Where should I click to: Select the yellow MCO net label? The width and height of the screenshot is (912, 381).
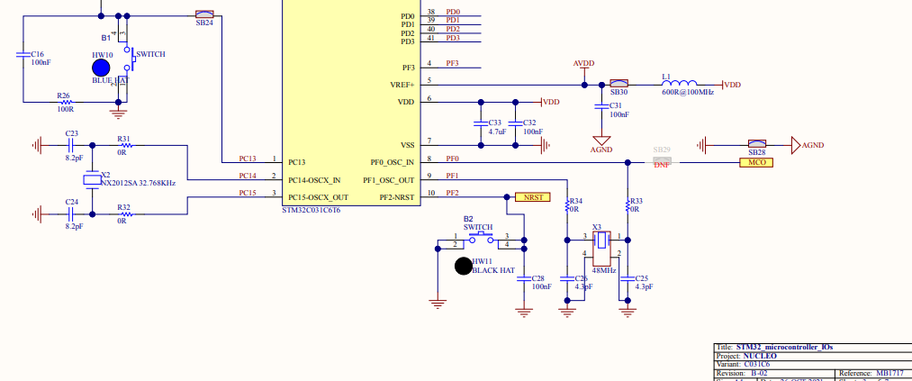point(755,163)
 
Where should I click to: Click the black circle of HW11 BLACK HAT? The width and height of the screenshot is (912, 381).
point(463,266)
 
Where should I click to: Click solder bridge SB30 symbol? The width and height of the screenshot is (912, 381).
point(619,84)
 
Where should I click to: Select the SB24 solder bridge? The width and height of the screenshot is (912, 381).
point(204,14)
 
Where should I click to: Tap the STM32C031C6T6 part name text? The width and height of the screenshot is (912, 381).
point(312,210)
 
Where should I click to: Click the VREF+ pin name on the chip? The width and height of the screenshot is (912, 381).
point(402,85)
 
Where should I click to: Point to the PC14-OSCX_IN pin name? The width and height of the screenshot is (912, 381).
point(315,180)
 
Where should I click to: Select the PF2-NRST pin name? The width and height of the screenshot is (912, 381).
point(397,196)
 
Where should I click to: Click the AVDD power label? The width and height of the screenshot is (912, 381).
point(583,64)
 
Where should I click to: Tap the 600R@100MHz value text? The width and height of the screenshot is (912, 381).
point(687,93)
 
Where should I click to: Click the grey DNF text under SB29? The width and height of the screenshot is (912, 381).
point(662,164)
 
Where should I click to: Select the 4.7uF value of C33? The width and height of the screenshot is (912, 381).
point(496,132)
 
